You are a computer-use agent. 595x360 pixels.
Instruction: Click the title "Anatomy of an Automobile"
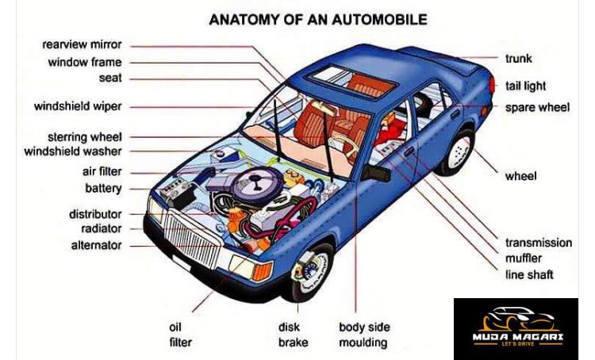tap(317, 18)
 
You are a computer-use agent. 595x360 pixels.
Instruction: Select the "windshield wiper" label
tap(78, 106)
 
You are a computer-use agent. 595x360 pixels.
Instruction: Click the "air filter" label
tap(102, 171)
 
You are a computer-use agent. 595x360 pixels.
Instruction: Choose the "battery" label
tap(103, 189)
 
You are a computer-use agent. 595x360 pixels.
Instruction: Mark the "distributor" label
tap(94, 214)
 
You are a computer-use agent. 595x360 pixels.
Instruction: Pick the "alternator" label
tap(96, 246)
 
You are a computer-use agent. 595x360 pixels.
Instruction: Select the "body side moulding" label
tap(363, 335)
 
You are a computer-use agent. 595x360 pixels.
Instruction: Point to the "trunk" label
tap(518, 58)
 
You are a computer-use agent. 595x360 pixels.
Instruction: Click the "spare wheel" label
tap(537, 107)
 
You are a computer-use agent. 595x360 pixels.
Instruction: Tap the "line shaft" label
tap(529, 274)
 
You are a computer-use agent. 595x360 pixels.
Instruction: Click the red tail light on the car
tap(493, 83)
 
